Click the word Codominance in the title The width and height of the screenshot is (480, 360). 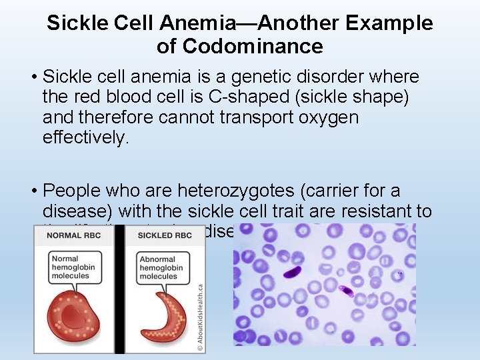coord(252,47)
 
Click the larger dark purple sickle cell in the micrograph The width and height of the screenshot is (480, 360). coord(292,272)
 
